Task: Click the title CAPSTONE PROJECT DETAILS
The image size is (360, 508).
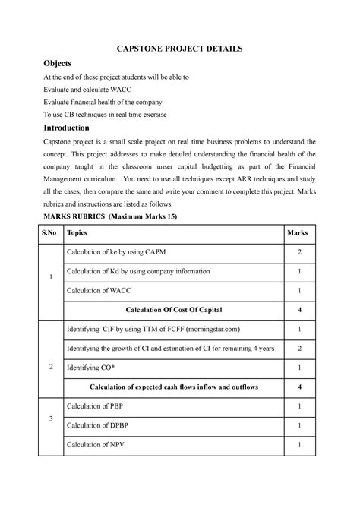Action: [x=179, y=49]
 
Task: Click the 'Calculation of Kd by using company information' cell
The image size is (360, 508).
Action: [x=149, y=271]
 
